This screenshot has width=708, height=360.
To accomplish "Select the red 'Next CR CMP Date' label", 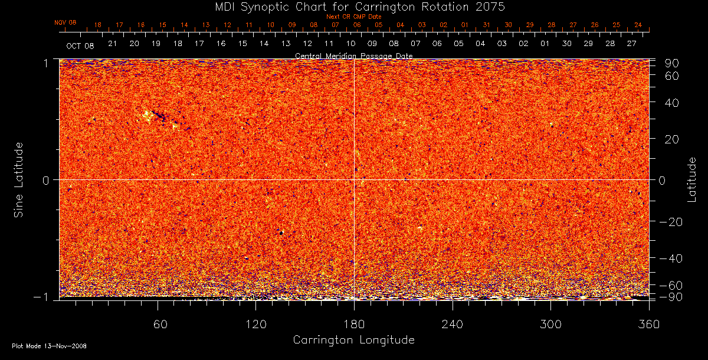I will click(354, 17).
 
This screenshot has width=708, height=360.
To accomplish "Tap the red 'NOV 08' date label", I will click(65, 22).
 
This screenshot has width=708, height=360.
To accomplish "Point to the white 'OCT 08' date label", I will click(80, 45).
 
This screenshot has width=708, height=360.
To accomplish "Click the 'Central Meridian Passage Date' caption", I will click(354, 55).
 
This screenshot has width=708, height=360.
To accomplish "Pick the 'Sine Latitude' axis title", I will click(19, 179).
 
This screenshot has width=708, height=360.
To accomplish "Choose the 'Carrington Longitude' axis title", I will click(354, 340).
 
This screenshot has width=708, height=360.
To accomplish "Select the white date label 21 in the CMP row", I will click(112, 44).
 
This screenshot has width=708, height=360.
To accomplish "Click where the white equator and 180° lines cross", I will click(354, 179).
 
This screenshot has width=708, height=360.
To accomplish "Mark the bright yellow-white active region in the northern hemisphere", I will click(147, 115).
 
